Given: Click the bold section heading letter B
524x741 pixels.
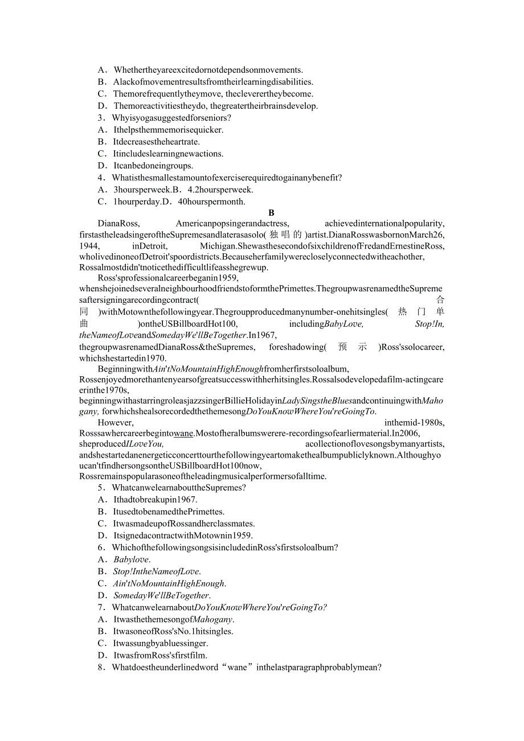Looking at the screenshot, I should point(272,213).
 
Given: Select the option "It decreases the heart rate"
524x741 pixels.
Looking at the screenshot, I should point(156,142).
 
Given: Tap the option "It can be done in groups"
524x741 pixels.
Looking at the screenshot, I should point(153,166).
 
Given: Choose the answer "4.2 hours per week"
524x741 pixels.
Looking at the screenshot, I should point(217,190).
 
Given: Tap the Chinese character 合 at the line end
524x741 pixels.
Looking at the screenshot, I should point(440,299).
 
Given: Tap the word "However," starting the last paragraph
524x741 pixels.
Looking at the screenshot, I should point(116,422).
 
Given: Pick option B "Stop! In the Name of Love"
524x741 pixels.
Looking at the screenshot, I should point(157,571).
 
